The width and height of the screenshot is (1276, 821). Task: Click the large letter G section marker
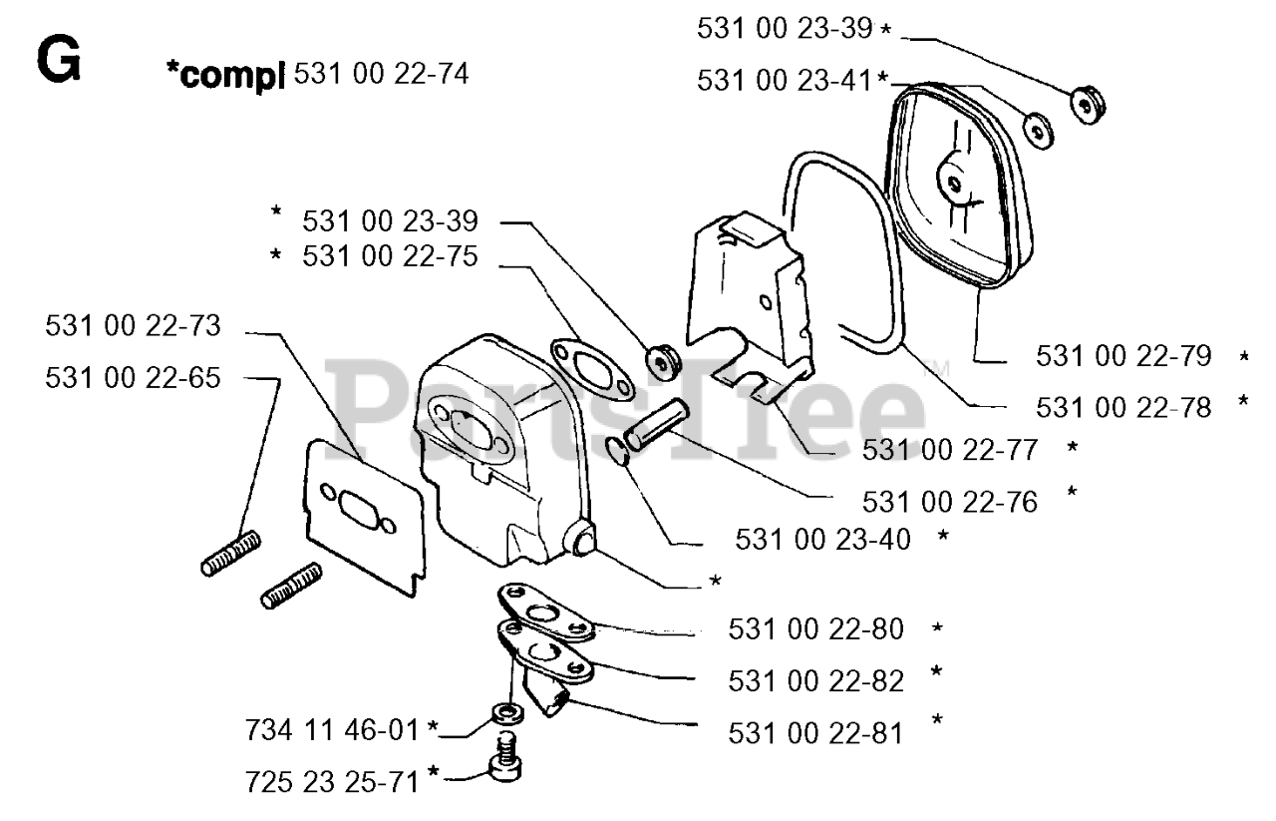tap(59, 59)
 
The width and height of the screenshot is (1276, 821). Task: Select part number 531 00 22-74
tap(381, 74)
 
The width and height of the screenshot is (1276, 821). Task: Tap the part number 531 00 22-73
tap(133, 326)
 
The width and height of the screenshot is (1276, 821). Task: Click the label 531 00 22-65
tap(133, 378)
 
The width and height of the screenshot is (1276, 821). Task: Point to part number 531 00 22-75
tap(390, 256)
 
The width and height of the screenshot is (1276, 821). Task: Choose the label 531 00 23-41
tap(785, 81)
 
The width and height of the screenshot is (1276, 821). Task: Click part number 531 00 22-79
tap(1123, 356)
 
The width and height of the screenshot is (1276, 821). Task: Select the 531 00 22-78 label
tap(1123, 408)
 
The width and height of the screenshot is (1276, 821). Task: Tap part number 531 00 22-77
tap(950, 451)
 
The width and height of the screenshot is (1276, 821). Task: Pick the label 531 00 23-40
tap(823, 540)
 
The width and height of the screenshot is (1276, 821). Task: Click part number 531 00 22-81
tap(815, 734)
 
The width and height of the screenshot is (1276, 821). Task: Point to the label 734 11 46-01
tap(332, 730)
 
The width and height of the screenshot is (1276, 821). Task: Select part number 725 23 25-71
tap(332, 782)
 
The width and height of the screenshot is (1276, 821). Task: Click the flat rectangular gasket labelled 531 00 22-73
tap(366, 516)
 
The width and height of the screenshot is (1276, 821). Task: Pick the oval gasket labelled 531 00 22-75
tap(592, 370)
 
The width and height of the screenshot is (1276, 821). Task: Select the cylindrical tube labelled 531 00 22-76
tap(656, 425)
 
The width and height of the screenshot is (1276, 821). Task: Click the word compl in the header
tap(225, 76)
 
